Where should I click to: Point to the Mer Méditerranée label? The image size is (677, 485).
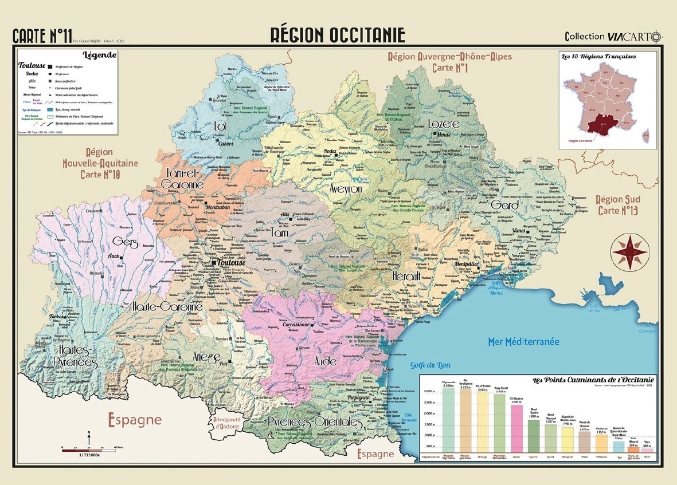click(523, 341)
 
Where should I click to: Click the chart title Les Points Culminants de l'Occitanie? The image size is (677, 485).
click(593, 380)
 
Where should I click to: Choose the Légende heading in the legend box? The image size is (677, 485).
click(100, 56)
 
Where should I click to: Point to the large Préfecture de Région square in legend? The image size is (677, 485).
click(50, 66)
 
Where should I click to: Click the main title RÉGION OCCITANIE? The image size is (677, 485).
click(338, 35)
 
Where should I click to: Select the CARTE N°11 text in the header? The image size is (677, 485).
click(41, 36)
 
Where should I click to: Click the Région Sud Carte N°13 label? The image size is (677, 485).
click(617, 204)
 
